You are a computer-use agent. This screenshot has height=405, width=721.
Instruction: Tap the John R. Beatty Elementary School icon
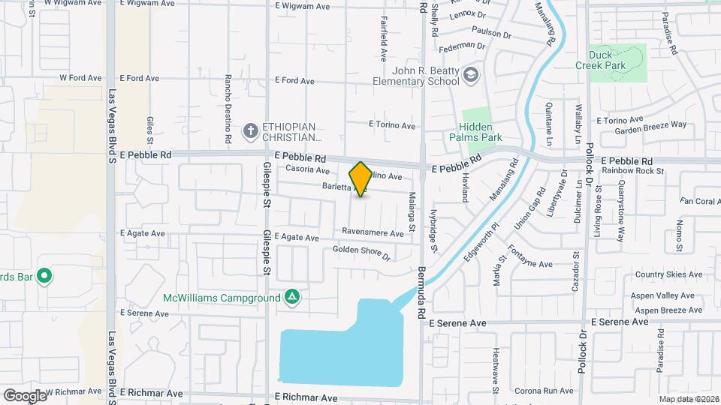470,74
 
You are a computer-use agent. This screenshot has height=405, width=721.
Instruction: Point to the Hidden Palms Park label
475,132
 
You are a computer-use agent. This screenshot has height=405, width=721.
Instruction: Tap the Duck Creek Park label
608,60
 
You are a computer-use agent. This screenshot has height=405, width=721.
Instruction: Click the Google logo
24,395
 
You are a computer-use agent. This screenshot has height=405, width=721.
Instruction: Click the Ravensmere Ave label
373,232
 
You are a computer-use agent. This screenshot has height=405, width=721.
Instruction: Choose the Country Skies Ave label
669,275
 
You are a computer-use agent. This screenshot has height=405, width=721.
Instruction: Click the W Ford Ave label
80,78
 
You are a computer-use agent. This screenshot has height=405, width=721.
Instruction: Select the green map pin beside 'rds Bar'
44,277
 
